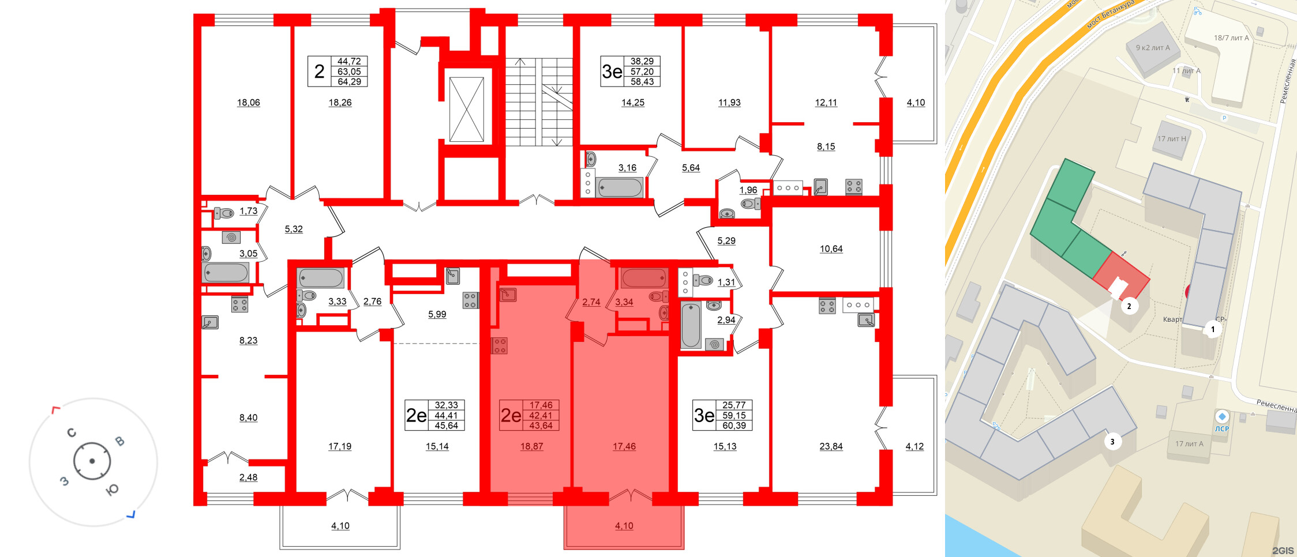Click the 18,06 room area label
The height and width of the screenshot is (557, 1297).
click(248, 103)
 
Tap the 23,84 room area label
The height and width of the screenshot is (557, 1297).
click(831, 446)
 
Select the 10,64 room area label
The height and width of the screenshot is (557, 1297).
click(831, 249)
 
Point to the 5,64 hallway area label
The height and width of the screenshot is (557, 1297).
click(691, 168)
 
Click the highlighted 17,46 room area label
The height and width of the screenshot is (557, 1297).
click(624, 446)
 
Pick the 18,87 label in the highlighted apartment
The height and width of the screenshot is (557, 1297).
click(531, 446)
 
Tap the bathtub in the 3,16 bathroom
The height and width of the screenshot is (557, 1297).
click(620, 187)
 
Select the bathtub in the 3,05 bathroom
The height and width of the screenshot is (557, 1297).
click(226, 272)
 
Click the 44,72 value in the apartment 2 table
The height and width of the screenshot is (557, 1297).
click(349, 61)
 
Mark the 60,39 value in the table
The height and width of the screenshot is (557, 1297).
click(734, 426)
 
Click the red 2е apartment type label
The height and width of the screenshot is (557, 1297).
click(511, 415)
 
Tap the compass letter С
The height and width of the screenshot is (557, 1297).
click(72, 432)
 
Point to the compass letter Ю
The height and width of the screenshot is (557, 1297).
click(112, 490)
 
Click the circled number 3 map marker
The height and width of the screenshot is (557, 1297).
click(1112, 442)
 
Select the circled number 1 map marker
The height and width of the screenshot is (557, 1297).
click(1213, 330)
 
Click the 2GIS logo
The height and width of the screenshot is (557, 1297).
click(1283, 551)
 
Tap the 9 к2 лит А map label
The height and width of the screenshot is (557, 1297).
click(1153, 48)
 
